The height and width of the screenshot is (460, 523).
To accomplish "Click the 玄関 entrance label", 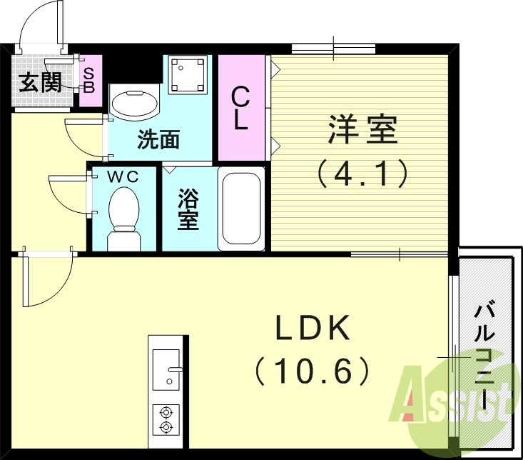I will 39,83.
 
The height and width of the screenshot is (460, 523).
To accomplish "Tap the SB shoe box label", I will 90,79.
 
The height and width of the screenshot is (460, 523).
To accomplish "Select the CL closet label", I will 241,109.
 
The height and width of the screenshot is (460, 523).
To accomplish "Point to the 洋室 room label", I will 362,130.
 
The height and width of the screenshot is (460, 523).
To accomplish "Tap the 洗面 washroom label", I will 158,139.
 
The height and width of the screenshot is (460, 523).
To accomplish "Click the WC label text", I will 122,176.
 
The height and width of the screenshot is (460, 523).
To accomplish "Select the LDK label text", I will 314,329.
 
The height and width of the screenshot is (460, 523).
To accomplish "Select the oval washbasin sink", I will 135,103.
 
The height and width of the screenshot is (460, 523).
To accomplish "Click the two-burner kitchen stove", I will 167,419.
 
